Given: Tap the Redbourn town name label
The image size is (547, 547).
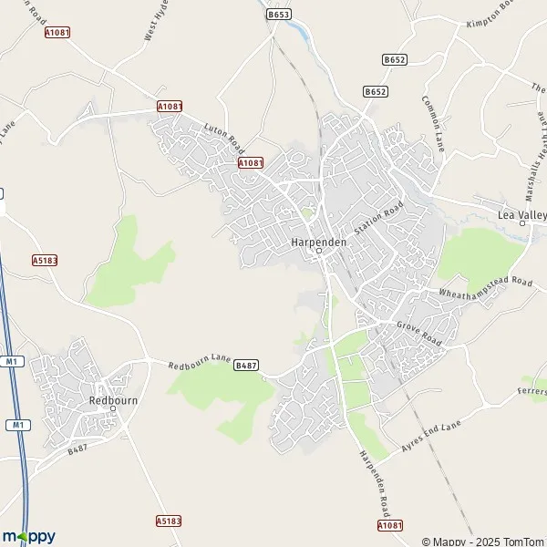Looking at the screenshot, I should [x=112, y=399].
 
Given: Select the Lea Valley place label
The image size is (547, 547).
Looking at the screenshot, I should [x=521, y=214].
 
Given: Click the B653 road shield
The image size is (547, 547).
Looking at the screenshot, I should [x=278, y=15].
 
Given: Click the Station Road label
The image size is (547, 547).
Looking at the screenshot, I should [x=378, y=219].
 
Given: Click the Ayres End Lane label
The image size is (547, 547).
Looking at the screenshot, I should [x=431, y=436].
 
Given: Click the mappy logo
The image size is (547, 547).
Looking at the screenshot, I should [x=29, y=536].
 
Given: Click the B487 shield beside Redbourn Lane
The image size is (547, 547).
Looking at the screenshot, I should [x=246, y=366].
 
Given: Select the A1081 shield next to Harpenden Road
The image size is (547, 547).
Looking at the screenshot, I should [x=389, y=526].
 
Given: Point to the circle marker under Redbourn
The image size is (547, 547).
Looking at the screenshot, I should [x=113, y=408].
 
